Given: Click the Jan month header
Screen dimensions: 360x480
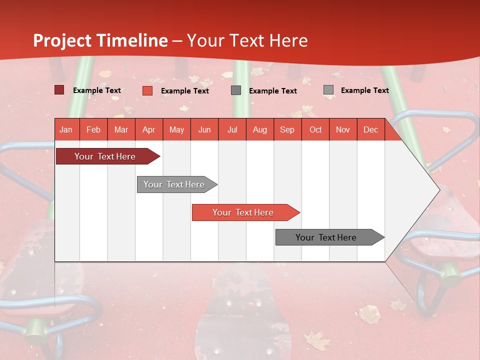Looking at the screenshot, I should (66, 129).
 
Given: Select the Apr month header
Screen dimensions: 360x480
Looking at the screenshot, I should (148, 129).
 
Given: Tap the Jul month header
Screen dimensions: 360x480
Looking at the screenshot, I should (232, 129).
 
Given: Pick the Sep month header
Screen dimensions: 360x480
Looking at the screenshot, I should (287, 129).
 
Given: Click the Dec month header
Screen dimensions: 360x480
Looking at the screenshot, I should (370, 129).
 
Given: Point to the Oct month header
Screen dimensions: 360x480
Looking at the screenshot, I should (315, 129).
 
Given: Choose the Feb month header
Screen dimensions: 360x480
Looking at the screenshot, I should (93, 129).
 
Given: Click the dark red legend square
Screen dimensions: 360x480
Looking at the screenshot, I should (59, 90).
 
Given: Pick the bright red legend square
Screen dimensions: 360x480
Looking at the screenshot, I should (147, 90).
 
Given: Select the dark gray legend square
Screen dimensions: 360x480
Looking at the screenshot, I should (236, 90).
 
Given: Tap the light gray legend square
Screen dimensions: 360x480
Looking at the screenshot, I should (328, 89).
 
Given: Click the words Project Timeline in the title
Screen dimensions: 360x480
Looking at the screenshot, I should (100, 40).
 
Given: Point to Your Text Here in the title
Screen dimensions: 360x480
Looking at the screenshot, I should (247, 40).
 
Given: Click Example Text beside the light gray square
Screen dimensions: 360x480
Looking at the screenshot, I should (364, 90).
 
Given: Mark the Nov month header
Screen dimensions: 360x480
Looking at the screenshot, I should (342, 129).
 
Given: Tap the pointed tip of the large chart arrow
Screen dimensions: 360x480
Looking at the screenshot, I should (438, 189).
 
